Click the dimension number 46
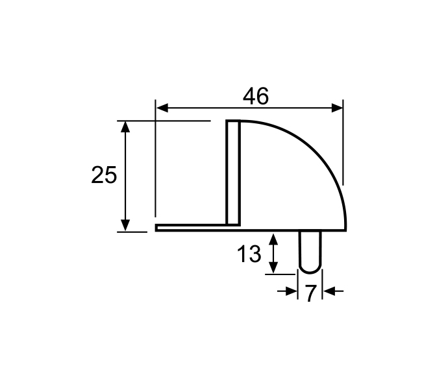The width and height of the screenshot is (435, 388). tap(256, 96)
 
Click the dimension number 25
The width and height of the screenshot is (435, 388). tap(104, 175)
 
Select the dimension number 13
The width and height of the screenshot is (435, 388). tap(249, 254)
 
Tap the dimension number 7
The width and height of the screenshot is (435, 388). tap(310, 293)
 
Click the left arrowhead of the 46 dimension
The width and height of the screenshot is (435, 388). tap(162, 108)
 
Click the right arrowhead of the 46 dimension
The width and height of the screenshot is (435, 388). tap(338, 108)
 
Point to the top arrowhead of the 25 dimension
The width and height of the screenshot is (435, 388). tap(125, 127)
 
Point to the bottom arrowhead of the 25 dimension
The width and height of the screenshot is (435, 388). tap(125, 225)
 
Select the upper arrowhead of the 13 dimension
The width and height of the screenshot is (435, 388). tap(273, 239)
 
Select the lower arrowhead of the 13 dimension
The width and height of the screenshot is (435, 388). tap(273, 267)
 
